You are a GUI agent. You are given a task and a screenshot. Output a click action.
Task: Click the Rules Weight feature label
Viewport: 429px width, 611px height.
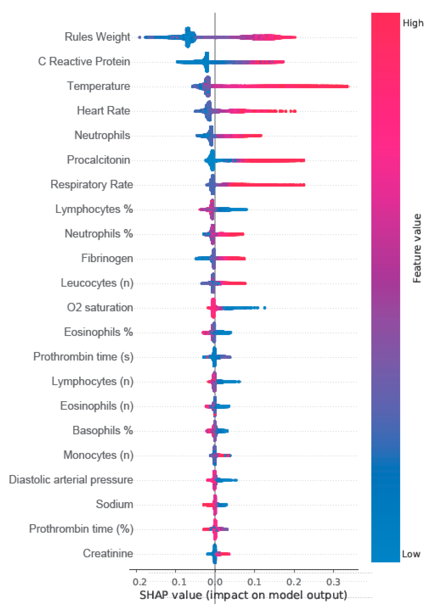pyautogui.click(x=97, y=37)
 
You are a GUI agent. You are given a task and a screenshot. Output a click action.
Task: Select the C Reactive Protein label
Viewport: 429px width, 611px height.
pyautogui.click(x=84, y=61)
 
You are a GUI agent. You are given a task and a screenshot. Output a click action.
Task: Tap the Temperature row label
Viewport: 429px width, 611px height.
pyautogui.click(x=99, y=86)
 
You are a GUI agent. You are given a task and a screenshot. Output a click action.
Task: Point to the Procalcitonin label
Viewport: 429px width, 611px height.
pyautogui.click(x=98, y=160)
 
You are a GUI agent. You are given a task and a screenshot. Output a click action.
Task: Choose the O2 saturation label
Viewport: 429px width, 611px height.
pyautogui.click(x=100, y=307)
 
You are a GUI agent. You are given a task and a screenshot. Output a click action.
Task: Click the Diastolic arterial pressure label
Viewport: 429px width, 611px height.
pyautogui.click(x=71, y=480)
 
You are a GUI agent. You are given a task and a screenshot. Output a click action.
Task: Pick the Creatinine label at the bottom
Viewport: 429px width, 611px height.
pyautogui.click(x=108, y=553)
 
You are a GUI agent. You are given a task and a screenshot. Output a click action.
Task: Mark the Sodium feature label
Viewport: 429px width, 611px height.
pyautogui.click(x=114, y=504)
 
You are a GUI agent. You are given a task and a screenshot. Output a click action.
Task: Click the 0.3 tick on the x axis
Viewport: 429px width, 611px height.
pyautogui.click(x=333, y=582)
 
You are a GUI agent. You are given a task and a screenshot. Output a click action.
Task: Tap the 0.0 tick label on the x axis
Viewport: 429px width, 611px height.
pyautogui.click(x=215, y=582)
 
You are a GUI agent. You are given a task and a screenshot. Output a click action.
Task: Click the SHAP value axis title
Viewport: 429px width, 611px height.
pyautogui.click(x=243, y=595)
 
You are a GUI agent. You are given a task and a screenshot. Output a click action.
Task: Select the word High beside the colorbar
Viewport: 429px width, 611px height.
pyautogui.click(x=413, y=23)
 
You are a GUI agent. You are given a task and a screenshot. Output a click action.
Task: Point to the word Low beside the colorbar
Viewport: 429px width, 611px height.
pyautogui.click(x=411, y=554)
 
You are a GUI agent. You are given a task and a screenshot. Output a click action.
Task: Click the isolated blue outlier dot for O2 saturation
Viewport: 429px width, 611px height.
pyautogui.click(x=265, y=308)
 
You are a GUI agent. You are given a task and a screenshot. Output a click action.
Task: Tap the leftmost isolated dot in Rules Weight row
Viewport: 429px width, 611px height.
pyautogui.click(x=139, y=37)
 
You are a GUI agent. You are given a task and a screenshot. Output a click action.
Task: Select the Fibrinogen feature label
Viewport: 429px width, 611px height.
pyautogui.click(x=107, y=258)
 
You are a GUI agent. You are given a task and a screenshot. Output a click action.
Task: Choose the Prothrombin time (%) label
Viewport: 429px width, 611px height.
pyautogui.click(x=81, y=529)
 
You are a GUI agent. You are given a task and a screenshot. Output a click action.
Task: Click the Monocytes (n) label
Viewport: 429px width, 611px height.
pyautogui.click(x=98, y=455)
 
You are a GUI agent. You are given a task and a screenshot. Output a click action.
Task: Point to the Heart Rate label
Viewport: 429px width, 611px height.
pyautogui.click(x=103, y=110)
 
